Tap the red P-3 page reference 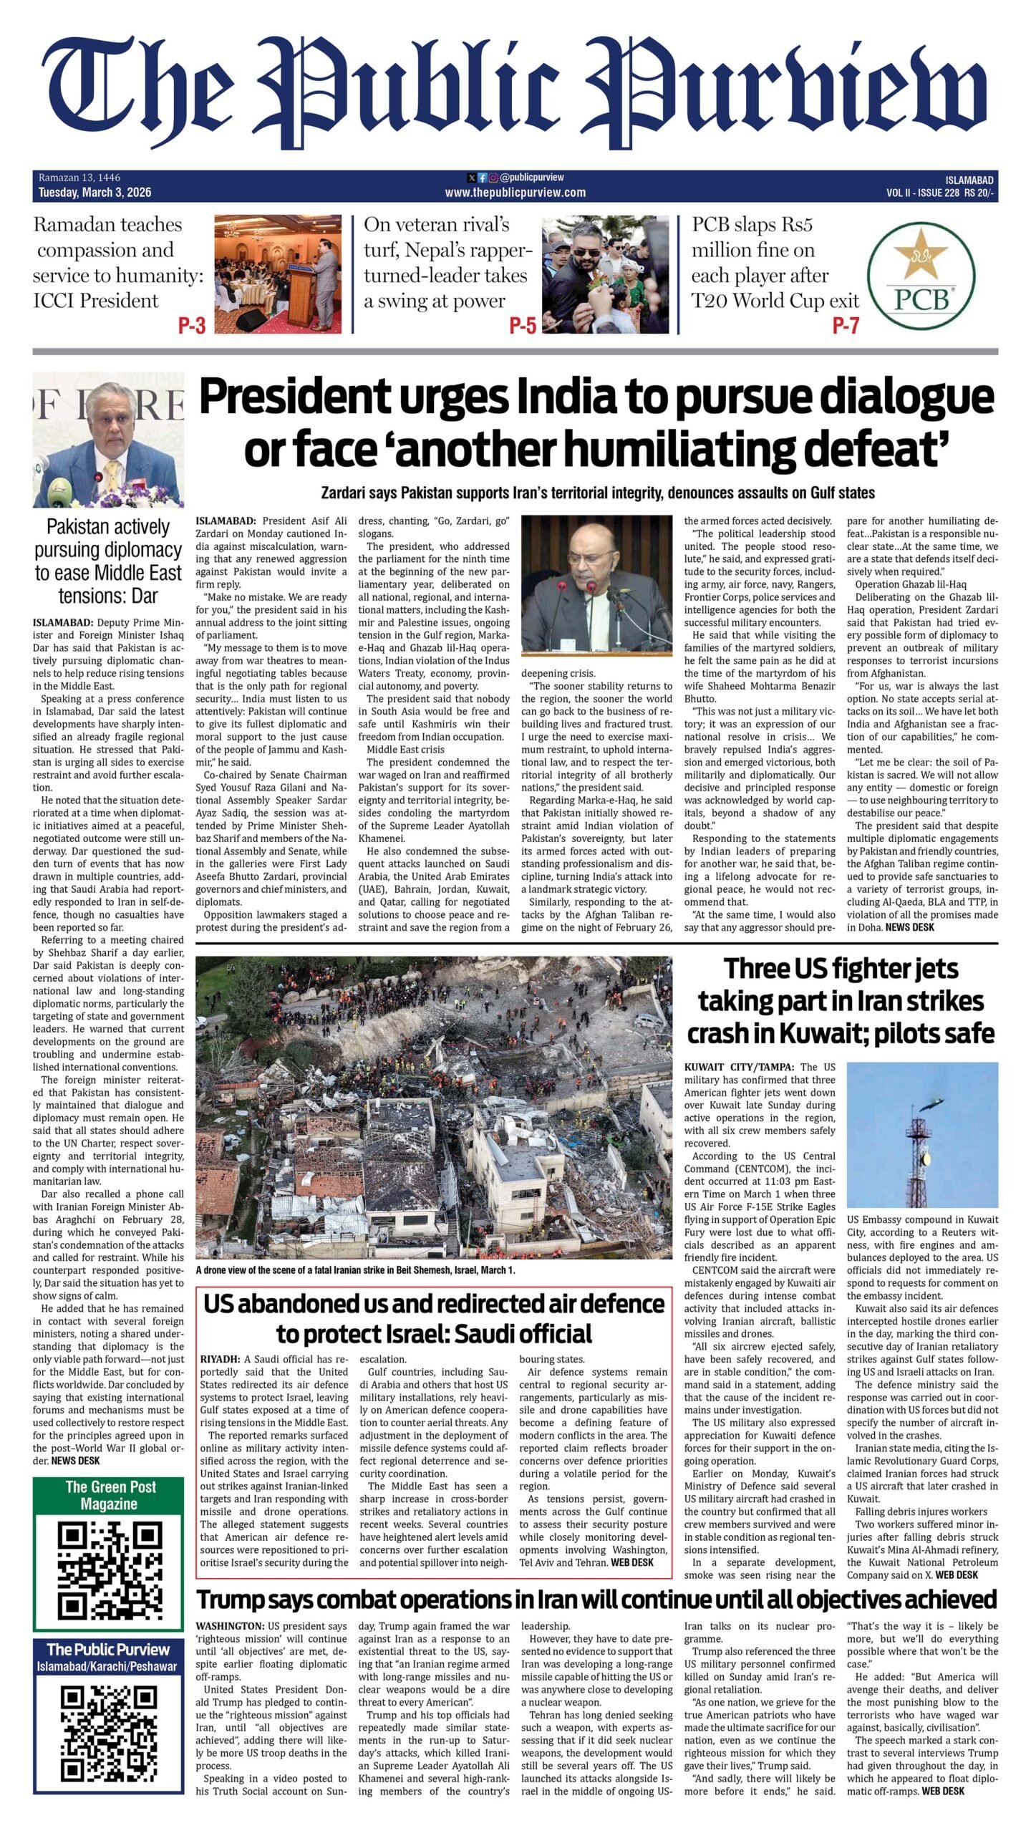point(191,327)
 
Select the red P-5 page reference point(523,327)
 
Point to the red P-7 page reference point(845,327)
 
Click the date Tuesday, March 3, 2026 point(95,193)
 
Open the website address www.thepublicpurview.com point(515,193)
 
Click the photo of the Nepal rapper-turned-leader point(605,275)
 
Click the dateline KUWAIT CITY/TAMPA point(738,1068)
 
